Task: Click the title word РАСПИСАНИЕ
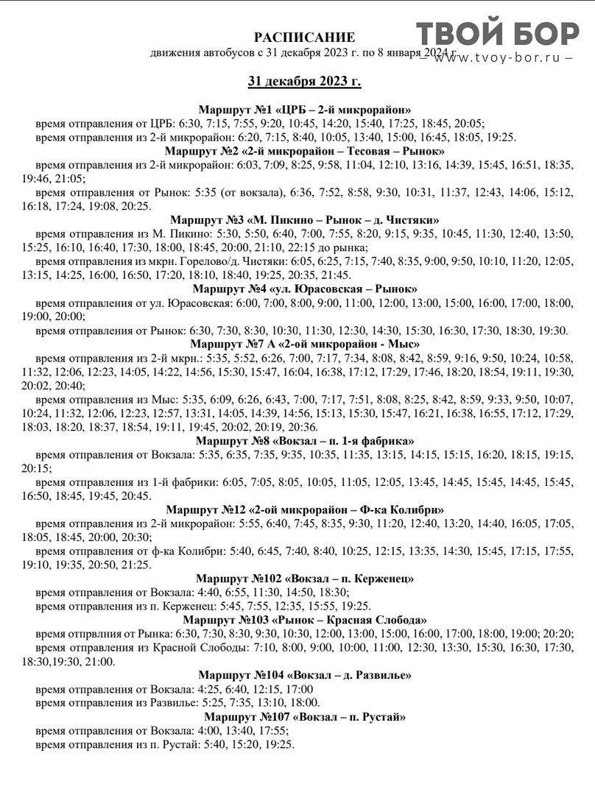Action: coord(304,38)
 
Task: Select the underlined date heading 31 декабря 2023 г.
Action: coord(304,81)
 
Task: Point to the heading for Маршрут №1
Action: coord(304,110)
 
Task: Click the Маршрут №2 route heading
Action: coord(304,151)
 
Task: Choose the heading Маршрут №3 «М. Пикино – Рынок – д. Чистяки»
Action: coord(304,219)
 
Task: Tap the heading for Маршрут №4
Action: coord(304,289)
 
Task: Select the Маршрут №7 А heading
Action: coord(304,344)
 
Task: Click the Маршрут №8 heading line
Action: coord(304,440)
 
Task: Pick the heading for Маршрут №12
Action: coord(304,509)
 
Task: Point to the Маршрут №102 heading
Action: coord(304,579)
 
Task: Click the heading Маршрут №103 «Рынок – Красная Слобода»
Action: coord(304,620)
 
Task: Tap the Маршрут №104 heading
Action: coord(304,675)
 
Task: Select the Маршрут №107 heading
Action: coord(304,716)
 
